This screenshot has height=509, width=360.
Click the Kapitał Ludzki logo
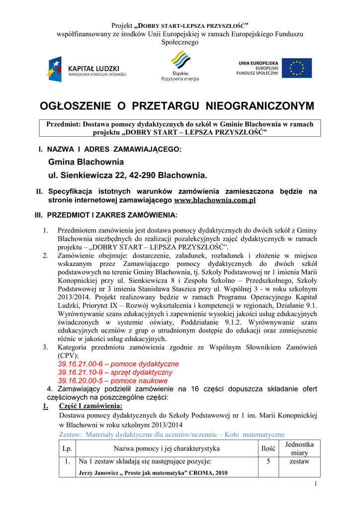(x=88, y=69)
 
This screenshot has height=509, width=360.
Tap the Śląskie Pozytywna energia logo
(x=180, y=67)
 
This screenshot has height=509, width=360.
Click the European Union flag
(x=297, y=68)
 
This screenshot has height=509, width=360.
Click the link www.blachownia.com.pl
(x=215, y=200)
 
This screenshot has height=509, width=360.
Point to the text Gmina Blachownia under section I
(x=86, y=162)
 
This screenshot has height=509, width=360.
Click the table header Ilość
(x=268, y=449)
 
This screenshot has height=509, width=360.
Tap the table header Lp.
(x=67, y=449)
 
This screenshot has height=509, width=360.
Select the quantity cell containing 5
(x=268, y=462)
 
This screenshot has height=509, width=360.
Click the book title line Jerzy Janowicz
(x=153, y=473)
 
